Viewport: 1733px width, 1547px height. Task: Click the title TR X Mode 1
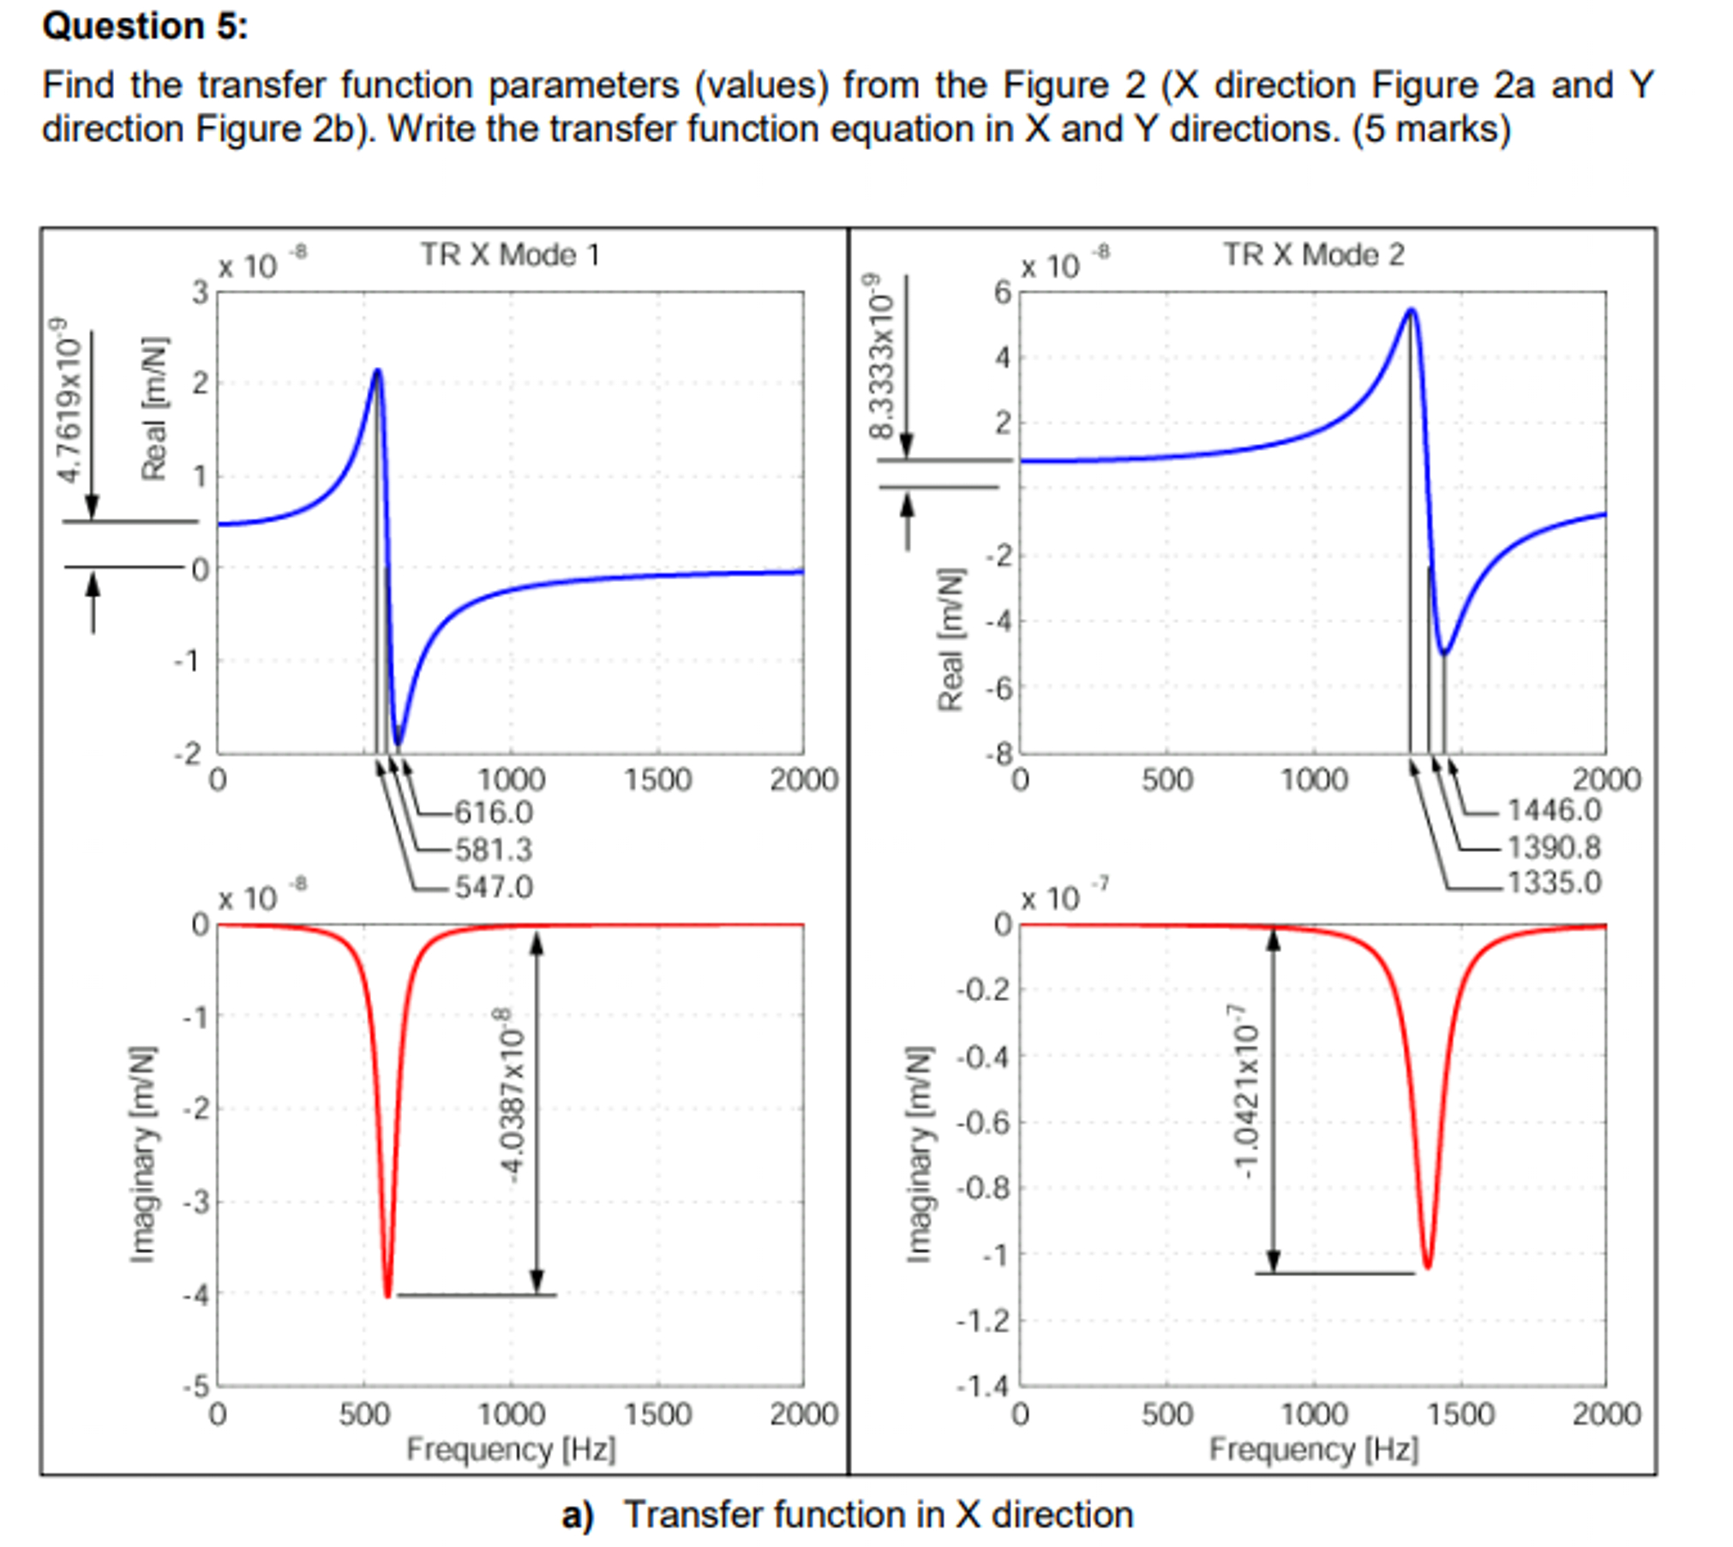pos(509,255)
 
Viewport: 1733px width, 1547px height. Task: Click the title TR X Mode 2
pos(1312,255)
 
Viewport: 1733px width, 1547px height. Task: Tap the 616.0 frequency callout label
pos(493,812)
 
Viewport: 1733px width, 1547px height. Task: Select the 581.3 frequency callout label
pos(493,849)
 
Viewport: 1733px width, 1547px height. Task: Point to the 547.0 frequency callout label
pos(493,886)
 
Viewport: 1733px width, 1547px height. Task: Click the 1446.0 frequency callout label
pos(1553,810)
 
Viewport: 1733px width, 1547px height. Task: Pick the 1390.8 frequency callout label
pos(1553,848)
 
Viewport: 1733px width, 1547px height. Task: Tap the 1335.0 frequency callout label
pos(1553,883)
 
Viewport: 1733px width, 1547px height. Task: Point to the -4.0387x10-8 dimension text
pos(513,1096)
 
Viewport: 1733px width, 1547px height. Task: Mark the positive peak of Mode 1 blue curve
pos(378,370)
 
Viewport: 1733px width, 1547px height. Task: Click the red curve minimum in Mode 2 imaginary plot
pos(1427,1267)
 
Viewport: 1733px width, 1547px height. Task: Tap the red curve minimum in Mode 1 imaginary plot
pos(388,1295)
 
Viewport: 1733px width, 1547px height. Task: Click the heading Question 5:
pos(145,26)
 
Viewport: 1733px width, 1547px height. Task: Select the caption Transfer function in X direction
pos(878,1514)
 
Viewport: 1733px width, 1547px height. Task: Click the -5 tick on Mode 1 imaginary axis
pos(198,1386)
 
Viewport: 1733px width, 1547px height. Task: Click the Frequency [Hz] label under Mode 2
pos(1313,1449)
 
